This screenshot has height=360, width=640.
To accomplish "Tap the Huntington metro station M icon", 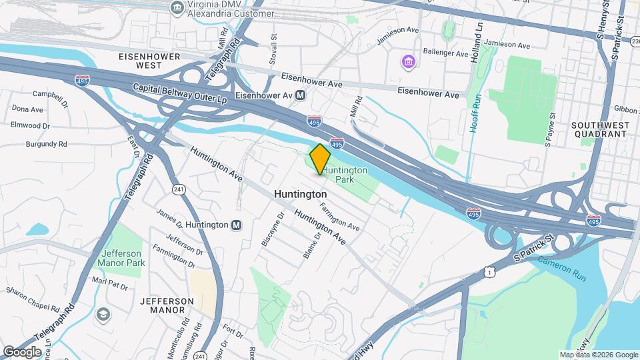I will [236, 225].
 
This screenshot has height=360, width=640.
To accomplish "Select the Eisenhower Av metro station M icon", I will [301, 95].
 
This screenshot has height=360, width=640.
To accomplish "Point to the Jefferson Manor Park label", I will [122, 258].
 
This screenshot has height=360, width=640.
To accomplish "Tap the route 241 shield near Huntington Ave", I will [178, 189].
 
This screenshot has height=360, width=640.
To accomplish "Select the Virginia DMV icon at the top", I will [177, 7].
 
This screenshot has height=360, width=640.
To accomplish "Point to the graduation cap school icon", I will [103, 314].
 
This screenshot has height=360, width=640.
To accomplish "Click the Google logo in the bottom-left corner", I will [22, 351].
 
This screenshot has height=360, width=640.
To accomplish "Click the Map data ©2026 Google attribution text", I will [598, 355].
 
